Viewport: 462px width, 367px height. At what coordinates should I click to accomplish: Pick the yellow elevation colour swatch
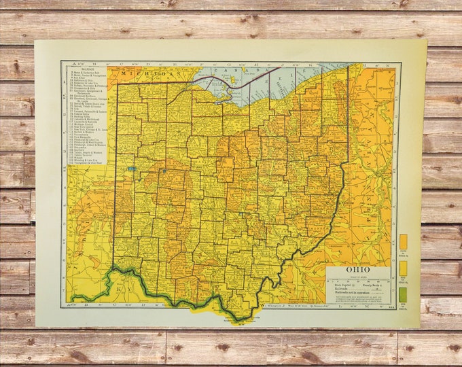coord(403,268)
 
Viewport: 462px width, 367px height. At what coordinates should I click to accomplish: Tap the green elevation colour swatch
coord(403,294)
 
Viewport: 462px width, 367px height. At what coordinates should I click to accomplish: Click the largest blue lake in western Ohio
coord(131,168)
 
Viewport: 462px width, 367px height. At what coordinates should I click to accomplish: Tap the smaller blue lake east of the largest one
coord(164,171)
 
